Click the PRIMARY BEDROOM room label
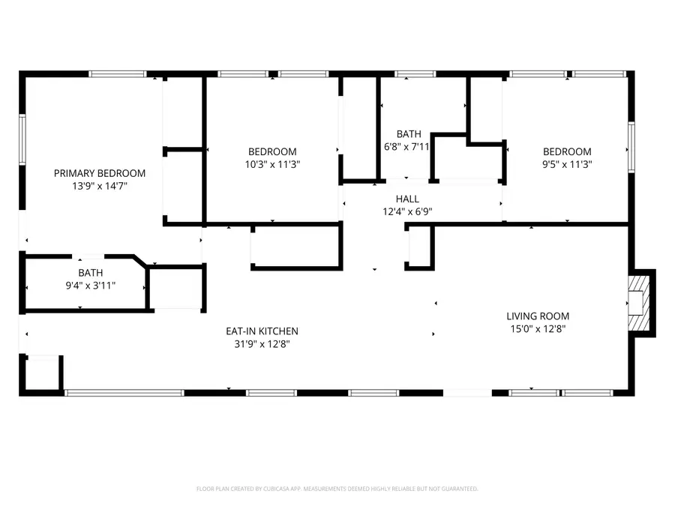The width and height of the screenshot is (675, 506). pyautogui.click(x=100, y=173)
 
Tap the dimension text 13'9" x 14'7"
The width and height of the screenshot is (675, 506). pyautogui.click(x=100, y=186)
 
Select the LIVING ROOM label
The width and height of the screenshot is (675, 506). pyautogui.click(x=538, y=316)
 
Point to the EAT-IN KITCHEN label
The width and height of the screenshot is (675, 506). pyautogui.click(x=262, y=331)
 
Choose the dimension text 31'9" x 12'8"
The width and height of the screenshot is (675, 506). pyautogui.click(x=262, y=344)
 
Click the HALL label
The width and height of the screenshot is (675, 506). pyautogui.click(x=408, y=199)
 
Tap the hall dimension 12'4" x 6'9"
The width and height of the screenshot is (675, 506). pyautogui.click(x=408, y=211)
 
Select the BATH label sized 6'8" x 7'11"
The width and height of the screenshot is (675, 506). pyautogui.click(x=409, y=133)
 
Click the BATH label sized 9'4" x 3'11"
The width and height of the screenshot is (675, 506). pyautogui.click(x=91, y=273)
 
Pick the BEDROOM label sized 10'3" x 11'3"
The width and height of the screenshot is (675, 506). pyautogui.click(x=272, y=151)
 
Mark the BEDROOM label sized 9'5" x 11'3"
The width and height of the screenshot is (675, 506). pyautogui.click(x=567, y=151)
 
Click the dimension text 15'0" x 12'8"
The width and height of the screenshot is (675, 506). pyautogui.click(x=538, y=329)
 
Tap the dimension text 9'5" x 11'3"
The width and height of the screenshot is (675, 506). pyautogui.click(x=567, y=164)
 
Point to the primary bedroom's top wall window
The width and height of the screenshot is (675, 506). pyautogui.click(x=117, y=74)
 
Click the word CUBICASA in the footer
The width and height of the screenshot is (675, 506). pyautogui.click(x=274, y=489)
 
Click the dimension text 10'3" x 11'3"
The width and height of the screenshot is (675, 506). pyautogui.click(x=272, y=164)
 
